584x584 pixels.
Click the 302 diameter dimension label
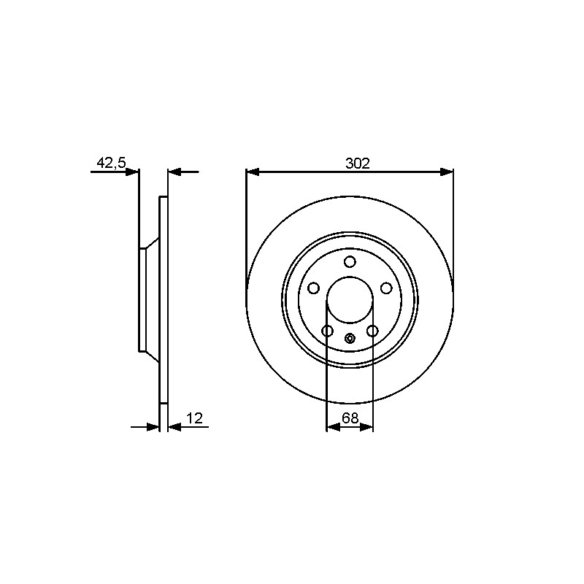click(358, 163)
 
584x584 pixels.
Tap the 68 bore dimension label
click(350, 418)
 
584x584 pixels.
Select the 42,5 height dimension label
click(112, 163)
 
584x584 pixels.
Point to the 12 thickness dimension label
click(194, 418)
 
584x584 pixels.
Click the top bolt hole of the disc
click(350, 262)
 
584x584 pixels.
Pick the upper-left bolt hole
click(314, 288)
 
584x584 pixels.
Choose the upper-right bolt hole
click(386, 288)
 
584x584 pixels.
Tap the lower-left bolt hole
click(327, 331)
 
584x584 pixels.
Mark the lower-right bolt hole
click(372, 331)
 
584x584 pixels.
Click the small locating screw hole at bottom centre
click(350, 338)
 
